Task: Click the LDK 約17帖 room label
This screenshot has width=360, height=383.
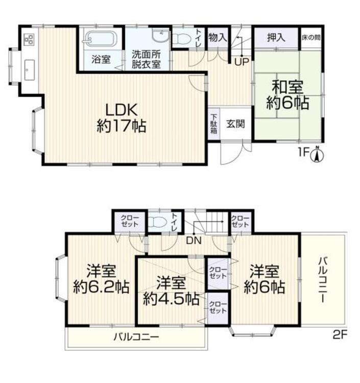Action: (x=122, y=118)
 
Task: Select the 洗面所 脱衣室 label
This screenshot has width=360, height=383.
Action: (x=146, y=59)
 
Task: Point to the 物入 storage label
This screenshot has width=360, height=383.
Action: (x=218, y=38)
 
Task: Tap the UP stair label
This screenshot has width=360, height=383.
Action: (x=242, y=62)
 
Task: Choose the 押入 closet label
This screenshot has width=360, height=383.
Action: (x=276, y=38)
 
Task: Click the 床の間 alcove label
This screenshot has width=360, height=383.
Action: (x=311, y=38)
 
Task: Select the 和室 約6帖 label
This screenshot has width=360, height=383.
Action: (x=287, y=95)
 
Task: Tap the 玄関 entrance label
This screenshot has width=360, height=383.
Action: (x=235, y=124)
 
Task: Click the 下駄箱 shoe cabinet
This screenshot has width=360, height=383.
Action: (x=214, y=124)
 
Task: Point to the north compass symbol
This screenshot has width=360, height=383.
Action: (x=317, y=154)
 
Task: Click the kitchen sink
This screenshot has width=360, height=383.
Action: (x=29, y=70)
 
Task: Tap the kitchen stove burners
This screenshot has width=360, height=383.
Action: (x=29, y=39)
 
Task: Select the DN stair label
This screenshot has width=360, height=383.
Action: (x=194, y=241)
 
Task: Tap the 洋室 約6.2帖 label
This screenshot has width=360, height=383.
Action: (x=101, y=279)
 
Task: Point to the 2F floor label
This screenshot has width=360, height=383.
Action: (x=340, y=335)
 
